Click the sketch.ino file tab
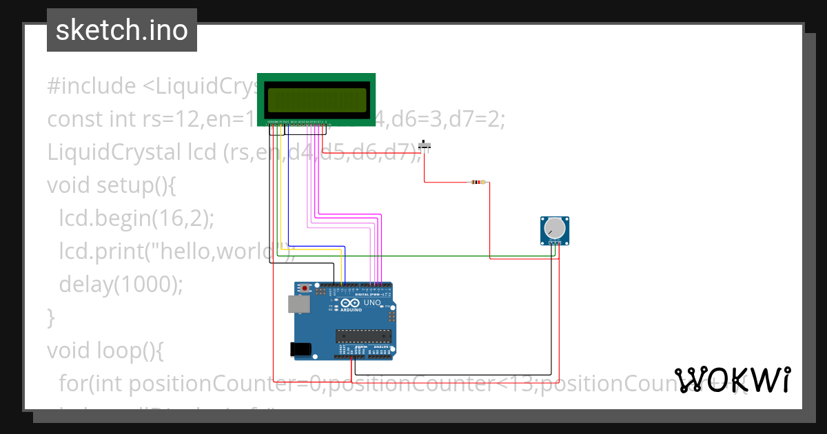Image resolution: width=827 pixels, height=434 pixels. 122,30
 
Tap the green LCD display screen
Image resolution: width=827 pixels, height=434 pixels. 316,101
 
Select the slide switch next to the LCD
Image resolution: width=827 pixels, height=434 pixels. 426,145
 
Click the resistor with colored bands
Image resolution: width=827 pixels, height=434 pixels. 477,183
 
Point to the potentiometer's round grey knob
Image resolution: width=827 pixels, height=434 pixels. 554,227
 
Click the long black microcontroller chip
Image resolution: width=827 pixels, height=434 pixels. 364,335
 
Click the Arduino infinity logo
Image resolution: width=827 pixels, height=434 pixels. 349,303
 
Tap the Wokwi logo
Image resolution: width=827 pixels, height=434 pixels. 733,380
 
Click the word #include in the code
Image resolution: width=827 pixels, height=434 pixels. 92,86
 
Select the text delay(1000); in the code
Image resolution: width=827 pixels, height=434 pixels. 121,284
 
